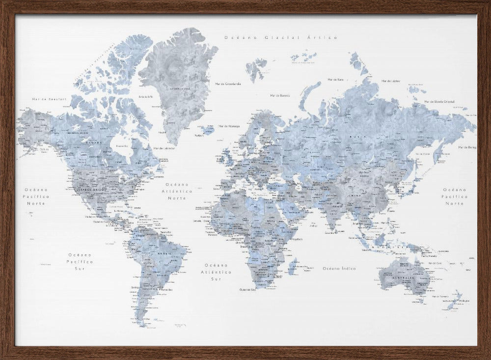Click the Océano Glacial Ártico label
point(280,37)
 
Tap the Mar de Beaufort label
point(42,99)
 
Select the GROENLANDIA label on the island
point(180,89)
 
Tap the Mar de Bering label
point(467,147)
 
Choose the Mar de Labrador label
point(165,148)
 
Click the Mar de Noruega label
point(229,126)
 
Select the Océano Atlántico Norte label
point(177,192)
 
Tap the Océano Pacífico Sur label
point(80,262)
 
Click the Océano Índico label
point(339,268)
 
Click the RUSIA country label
point(355,138)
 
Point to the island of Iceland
point(208,130)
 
